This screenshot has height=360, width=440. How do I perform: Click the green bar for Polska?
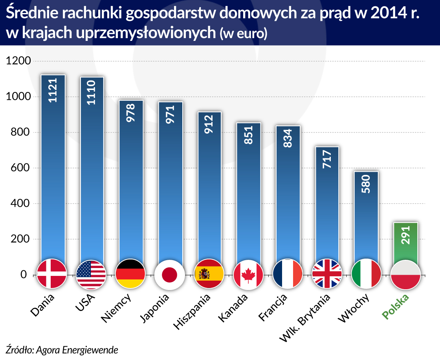[x=406, y=242]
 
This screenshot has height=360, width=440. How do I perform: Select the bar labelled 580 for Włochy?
[x=367, y=216]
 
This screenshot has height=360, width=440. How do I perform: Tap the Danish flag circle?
[x=52, y=274]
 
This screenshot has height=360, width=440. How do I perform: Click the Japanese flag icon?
[x=170, y=274]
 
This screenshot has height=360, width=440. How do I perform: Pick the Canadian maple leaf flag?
[x=248, y=274]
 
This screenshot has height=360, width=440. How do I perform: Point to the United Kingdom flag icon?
[x=327, y=274]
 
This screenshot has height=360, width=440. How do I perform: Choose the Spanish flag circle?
[x=209, y=274]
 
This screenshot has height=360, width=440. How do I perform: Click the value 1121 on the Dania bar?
[x=52, y=90]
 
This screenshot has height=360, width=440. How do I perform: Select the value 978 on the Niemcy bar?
[x=131, y=112]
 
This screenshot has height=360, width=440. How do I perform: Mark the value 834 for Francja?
[x=288, y=138]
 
